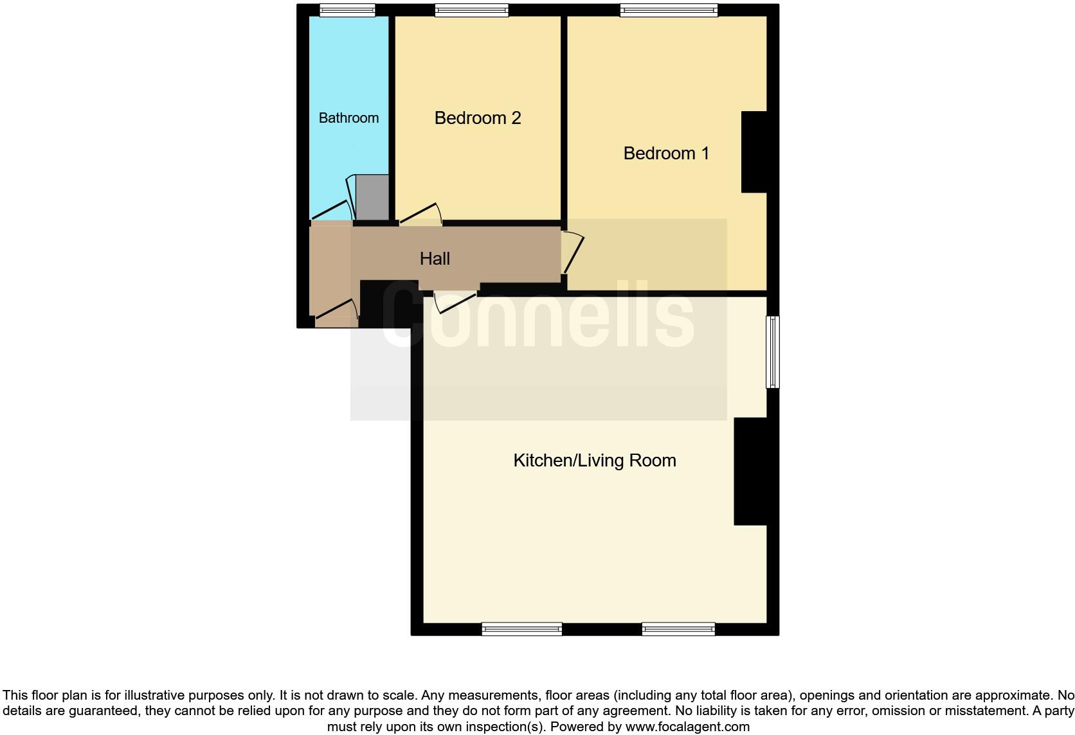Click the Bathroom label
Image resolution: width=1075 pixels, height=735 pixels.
[348, 118]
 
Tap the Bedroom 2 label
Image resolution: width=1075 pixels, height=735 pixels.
[477, 118]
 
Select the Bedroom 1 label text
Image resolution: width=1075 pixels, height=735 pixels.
[666, 153]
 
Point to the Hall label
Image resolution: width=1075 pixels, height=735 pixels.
[435, 258]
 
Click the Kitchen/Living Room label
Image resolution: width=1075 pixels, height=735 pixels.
[594, 460]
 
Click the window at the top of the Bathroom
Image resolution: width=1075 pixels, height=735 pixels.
[347, 10]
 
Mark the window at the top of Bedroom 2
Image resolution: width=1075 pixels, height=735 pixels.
[471, 10]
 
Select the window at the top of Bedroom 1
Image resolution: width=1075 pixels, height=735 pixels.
[669, 10]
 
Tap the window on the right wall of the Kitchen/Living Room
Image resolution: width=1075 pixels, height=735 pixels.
[773, 351]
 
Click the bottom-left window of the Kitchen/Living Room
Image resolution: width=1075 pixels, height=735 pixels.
[522, 629]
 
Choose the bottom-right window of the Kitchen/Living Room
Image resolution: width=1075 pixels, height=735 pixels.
[678, 629]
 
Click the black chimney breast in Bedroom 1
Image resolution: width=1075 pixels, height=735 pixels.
[754, 152]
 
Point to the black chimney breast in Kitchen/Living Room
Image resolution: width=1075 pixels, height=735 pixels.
[750, 471]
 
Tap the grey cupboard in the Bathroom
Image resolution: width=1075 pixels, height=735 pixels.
[372, 198]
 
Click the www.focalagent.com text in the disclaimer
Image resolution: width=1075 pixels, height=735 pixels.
[687, 727]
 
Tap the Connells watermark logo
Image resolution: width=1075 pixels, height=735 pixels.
[539, 316]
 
